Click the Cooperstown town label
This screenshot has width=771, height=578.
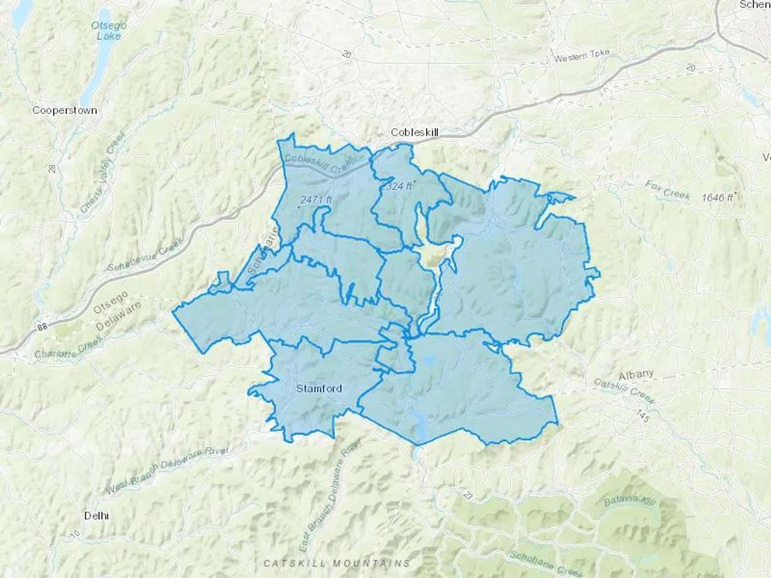(x=65, y=110)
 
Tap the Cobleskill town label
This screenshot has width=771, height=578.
(x=415, y=133)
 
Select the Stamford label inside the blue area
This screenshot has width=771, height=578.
(x=319, y=388)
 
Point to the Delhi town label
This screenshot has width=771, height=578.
(x=96, y=515)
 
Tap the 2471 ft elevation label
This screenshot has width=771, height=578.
(x=316, y=200)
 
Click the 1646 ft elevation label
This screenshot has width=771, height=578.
(x=718, y=197)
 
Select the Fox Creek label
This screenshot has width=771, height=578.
(x=667, y=190)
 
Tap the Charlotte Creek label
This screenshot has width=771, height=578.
(x=69, y=348)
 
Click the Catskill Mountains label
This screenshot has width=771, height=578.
(x=337, y=563)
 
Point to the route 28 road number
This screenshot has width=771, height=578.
(x=53, y=167)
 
